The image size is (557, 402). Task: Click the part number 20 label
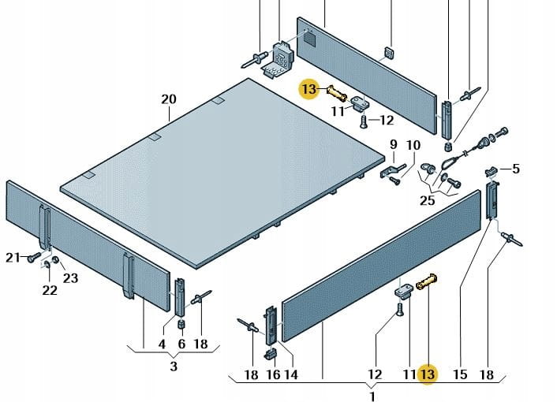[169, 99]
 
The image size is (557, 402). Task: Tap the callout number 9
[393, 144]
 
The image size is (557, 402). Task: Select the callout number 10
[413, 144]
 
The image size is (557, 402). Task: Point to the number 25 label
[427, 201]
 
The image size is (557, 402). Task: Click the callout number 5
[516, 168]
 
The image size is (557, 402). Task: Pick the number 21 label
[12, 257]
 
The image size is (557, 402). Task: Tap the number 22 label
[49, 290]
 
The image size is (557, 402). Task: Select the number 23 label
[71, 277]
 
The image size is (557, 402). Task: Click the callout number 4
[162, 344]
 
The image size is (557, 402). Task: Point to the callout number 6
[181, 344]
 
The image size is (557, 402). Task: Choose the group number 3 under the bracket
[173, 366]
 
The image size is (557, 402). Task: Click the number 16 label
[272, 374]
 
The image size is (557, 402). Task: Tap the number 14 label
[290, 374]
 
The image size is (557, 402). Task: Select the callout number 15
[460, 374]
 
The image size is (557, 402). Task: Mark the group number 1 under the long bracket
[372, 394]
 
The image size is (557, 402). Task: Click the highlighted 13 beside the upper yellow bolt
[308, 89]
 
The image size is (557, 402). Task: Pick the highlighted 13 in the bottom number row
[428, 374]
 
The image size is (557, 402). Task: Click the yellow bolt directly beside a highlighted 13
[336, 92]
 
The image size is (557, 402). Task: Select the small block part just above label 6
[180, 324]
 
